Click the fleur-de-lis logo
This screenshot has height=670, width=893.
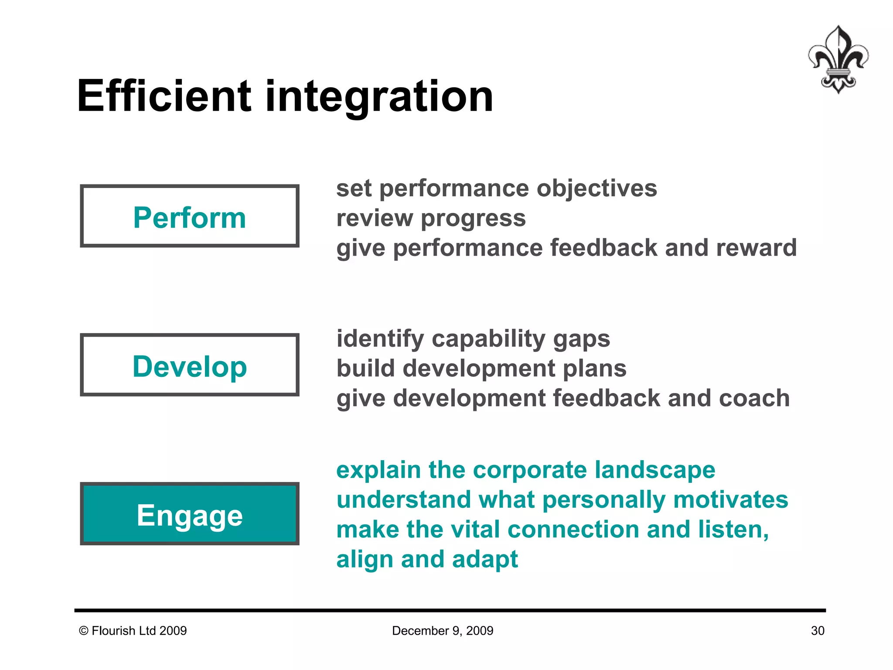click(x=838, y=60)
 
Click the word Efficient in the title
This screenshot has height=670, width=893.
click(x=164, y=96)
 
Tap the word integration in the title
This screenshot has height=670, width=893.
click(x=379, y=96)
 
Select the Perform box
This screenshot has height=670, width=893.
click(x=190, y=216)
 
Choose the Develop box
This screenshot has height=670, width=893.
click(x=190, y=366)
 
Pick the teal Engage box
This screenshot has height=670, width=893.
click(x=190, y=514)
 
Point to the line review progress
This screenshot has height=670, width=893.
click(x=431, y=218)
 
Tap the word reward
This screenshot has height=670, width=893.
click(x=756, y=248)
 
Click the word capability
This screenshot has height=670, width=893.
click(x=488, y=339)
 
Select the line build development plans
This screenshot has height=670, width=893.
click(x=481, y=369)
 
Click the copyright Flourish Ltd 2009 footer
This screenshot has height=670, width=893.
click(x=133, y=631)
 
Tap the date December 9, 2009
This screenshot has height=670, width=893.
click(x=443, y=631)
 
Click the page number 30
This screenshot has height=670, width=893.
click(x=818, y=631)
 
